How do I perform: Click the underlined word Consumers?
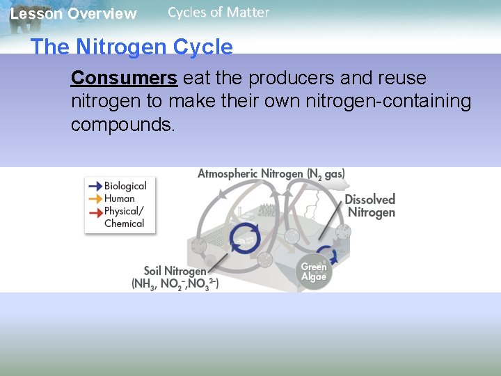(x=124, y=77)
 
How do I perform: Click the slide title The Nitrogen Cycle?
(x=132, y=47)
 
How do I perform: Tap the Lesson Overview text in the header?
(x=73, y=14)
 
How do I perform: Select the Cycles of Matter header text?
(x=218, y=12)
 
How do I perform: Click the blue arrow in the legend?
(x=95, y=186)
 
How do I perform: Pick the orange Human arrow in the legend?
(x=95, y=198)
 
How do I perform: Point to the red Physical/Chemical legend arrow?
(x=95, y=211)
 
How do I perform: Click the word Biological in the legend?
(x=125, y=186)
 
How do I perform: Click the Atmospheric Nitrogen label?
(x=271, y=173)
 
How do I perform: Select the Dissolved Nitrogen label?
(x=370, y=206)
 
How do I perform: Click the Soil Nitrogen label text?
(x=175, y=271)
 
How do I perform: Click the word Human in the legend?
(x=120, y=198)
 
